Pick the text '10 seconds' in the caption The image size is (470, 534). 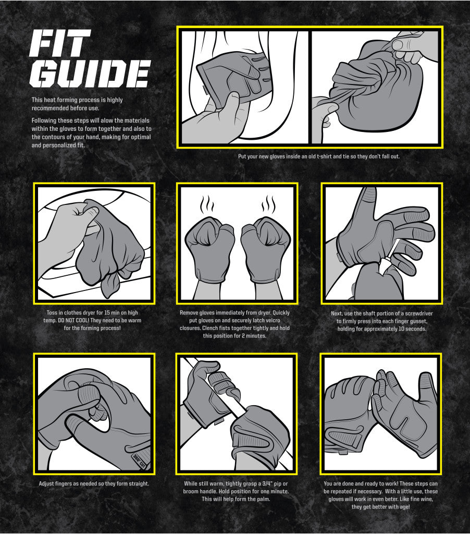pyautogui.click(x=412, y=329)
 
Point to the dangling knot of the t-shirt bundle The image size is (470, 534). pyautogui.click(x=109, y=285)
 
